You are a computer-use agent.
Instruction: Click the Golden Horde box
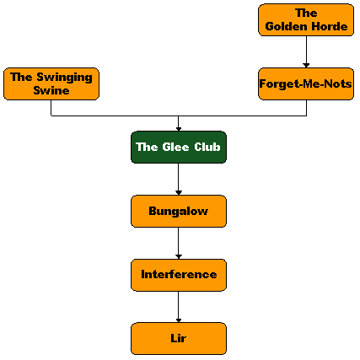[x=306, y=20]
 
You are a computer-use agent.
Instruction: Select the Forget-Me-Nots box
[x=306, y=83]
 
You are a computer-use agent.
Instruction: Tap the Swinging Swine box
[x=51, y=83]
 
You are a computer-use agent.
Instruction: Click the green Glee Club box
[x=179, y=148]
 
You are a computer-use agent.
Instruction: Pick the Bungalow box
[x=179, y=211]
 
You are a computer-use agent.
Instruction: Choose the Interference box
[x=179, y=275]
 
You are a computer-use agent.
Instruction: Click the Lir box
[x=179, y=339]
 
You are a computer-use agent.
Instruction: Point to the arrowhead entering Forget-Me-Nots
[x=306, y=66]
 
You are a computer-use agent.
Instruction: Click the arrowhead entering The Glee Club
[x=179, y=129]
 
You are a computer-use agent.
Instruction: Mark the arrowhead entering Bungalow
[x=179, y=193]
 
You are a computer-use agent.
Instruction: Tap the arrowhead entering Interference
[x=179, y=257]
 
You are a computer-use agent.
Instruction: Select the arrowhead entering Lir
[x=179, y=320]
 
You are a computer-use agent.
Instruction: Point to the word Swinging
[x=64, y=78]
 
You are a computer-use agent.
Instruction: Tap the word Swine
[x=51, y=90]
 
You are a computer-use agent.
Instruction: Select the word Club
[x=207, y=147]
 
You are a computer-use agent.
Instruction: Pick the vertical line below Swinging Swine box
[x=51, y=108]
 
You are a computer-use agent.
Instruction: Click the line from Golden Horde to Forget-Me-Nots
[x=306, y=50]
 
